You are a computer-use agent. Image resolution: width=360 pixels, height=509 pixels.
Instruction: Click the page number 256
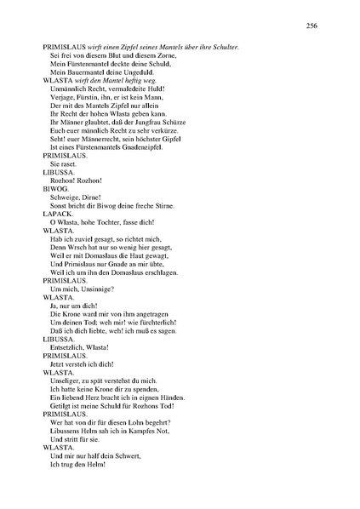[x=312, y=26]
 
